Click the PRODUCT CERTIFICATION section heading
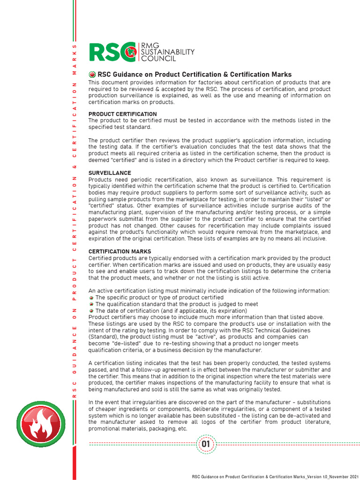pos(123,114)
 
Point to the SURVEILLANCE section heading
pos(110,173)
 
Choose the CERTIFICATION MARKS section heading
pos(120,252)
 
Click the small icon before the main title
pos(92,75)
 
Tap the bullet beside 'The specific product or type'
pos(91,298)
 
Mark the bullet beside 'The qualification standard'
pos(91,304)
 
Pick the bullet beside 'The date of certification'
pos(91,311)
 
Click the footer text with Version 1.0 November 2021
pos(278,476)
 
